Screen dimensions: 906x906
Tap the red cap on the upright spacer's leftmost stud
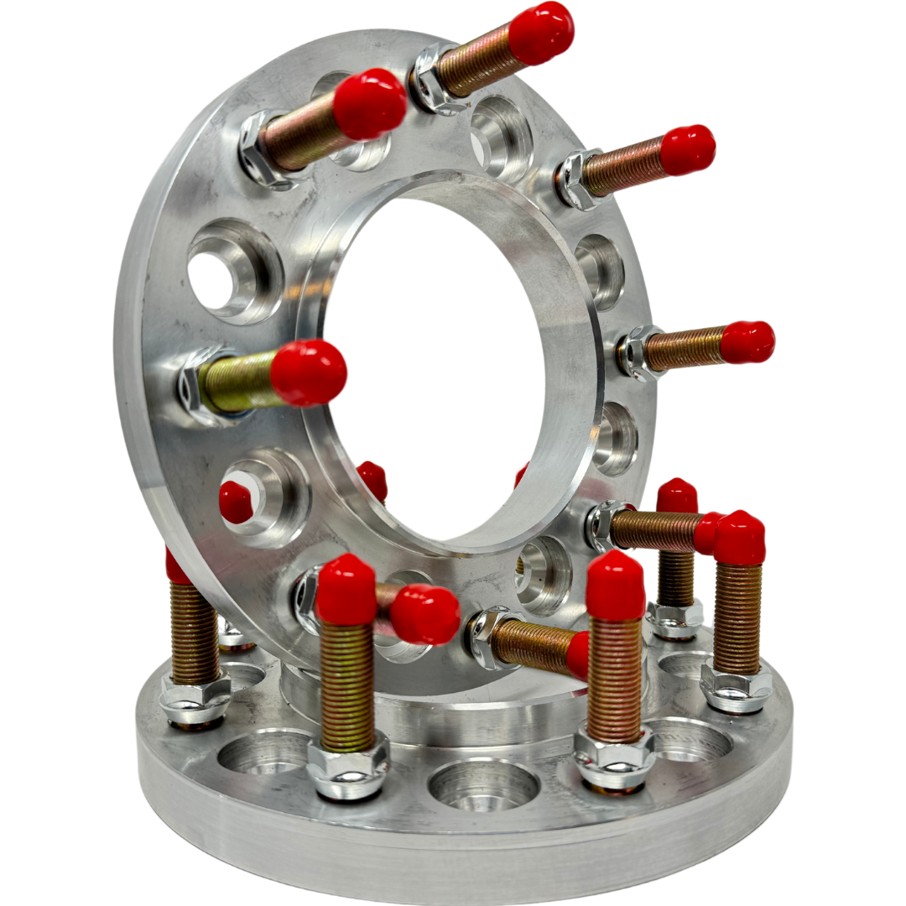click(x=308, y=372)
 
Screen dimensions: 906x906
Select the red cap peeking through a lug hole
click(x=237, y=502)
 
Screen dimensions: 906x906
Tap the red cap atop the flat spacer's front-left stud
click(x=346, y=590)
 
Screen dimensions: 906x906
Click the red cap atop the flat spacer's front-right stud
click(x=615, y=586)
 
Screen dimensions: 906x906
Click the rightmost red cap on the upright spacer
click(x=747, y=342)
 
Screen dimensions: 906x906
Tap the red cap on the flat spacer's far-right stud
click(x=739, y=538)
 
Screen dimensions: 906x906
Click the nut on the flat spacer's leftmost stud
click(x=195, y=698)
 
